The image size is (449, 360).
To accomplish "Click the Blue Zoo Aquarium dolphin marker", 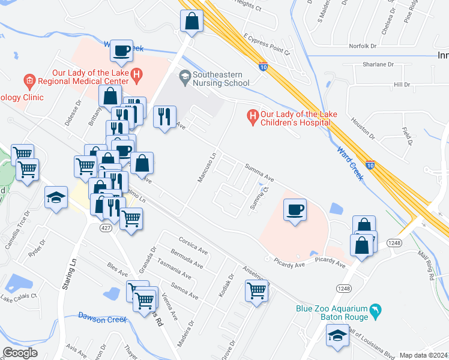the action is [376, 311].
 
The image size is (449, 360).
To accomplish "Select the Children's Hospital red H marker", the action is [253, 115].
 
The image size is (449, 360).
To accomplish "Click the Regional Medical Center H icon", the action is [137, 75].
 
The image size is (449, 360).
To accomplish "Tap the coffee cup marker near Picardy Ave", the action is [294, 210].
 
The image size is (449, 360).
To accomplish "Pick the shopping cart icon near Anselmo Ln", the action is [256, 291].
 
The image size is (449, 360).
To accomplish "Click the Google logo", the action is [20, 353].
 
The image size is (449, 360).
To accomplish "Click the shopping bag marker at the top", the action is [191, 22].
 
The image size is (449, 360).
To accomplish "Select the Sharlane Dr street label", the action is [378, 64].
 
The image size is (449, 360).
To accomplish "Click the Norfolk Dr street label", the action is [363, 46].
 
